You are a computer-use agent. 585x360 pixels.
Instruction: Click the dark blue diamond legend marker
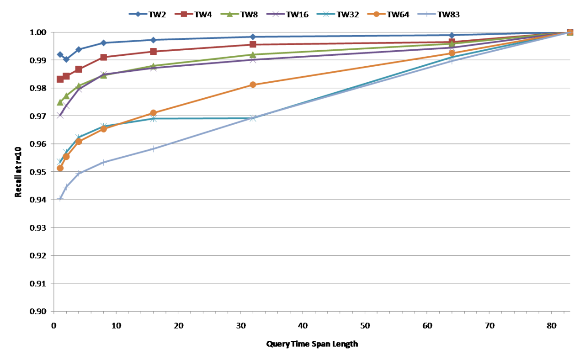click(x=138, y=14)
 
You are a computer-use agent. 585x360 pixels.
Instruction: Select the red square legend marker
click(x=184, y=14)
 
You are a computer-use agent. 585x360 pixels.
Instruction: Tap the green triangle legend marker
click(x=229, y=14)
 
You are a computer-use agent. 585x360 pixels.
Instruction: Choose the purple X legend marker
click(x=276, y=14)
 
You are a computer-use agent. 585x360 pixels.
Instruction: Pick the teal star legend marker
click(x=325, y=14)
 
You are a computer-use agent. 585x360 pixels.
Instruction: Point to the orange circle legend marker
click(x=376, y=14)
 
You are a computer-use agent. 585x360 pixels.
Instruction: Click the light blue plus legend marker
click(x=426, y=14)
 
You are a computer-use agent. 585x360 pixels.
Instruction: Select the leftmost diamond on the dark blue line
click(x=60, y=55)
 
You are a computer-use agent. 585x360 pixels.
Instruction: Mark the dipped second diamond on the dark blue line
click(x=66, y=59)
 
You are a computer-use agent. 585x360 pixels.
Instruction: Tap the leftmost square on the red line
click(x=60, y=79)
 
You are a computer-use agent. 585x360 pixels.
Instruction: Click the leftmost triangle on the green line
click(x=60, y=102)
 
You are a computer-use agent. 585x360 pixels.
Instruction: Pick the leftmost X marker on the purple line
click(x=60, y=115)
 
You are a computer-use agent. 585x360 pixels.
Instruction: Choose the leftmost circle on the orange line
click(x=60, y=168)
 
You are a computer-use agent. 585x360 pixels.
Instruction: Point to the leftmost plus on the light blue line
click(x=60, y=199)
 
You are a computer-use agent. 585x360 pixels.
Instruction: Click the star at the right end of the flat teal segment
click(x=253, y=118)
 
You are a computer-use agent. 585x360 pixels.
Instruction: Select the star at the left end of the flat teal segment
click(x=153, y=119)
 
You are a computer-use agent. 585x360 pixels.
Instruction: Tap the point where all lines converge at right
click(x=570, y=32)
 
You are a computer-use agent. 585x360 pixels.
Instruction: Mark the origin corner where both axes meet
click(x=54, y=311)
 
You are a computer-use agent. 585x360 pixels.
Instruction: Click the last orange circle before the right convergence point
click(x=452, y=53)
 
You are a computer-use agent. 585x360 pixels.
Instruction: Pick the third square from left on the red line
click(x=79, y=69)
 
